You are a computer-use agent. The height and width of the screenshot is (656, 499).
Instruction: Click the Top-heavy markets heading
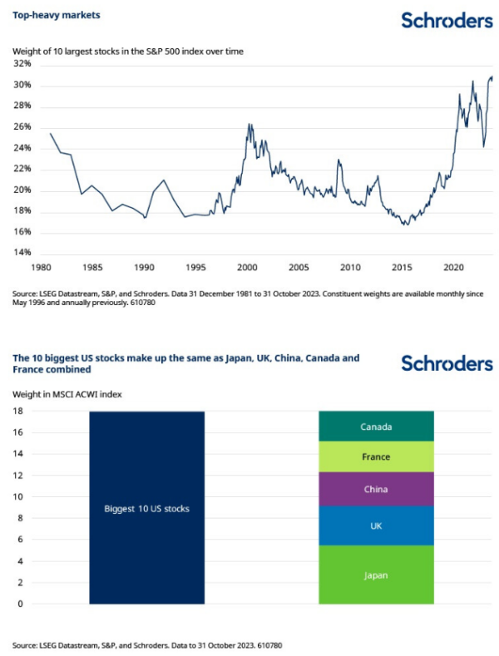click(x=50, y=16)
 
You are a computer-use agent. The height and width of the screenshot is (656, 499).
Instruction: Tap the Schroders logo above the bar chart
click(x=447, y=363)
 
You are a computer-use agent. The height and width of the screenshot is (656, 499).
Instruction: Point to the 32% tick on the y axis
click(x=22, y=64)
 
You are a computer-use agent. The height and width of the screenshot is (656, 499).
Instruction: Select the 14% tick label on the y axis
click(x=22, y=253)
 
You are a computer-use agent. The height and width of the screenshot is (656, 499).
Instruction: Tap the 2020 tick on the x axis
click(x=453, y=269)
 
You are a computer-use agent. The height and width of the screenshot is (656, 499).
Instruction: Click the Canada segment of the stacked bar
click(x=376, y=427)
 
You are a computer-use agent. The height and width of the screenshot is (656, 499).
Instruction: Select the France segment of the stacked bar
click(x=376, y=456)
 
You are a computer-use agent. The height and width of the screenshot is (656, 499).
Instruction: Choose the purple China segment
click(x=376, y=489)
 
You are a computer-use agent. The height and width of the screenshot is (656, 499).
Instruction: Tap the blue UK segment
click(x=376, y=526)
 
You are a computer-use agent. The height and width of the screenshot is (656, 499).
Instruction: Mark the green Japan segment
click(x=376, y=575)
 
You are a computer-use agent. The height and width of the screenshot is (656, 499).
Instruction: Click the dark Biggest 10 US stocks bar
click(x=146, y=507)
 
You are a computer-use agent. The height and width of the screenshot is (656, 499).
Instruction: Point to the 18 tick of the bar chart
click(x=17, y=412)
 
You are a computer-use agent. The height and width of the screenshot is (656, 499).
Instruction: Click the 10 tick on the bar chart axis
click(x=17, y=497)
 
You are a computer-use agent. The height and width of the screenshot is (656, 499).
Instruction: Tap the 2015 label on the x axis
click(x=402, y=269)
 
